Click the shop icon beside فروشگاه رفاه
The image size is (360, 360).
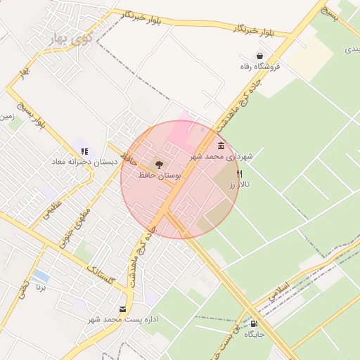(260, 56)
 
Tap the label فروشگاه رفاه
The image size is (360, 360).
(260, 67)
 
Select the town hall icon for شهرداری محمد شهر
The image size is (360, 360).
(221, 146)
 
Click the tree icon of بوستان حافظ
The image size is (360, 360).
(158, 164)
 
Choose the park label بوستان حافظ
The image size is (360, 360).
(158, 174)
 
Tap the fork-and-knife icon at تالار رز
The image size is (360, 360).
(240, 173)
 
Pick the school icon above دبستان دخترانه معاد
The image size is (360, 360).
(84, 151)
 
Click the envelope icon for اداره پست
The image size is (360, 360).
(123, 309)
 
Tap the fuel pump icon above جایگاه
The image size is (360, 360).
(254, 323)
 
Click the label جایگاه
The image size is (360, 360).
(254, 335)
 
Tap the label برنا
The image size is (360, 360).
(41, 287)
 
